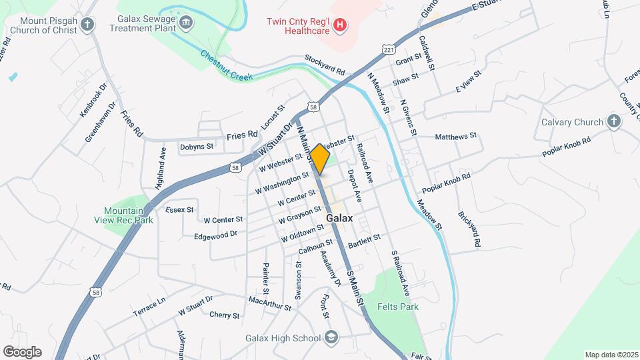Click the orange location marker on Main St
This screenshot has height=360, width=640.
[319, 159]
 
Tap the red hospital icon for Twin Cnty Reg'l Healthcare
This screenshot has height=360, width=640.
[340, 25]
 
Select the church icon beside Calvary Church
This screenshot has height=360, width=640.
[613, 122]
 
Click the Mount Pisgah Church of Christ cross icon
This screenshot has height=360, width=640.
[87, 26]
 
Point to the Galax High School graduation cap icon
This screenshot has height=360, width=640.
[331, 338]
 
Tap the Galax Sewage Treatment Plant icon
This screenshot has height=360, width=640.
[187, 23]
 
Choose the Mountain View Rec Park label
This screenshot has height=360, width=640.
[129, 215]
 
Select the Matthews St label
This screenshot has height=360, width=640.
[455, 137]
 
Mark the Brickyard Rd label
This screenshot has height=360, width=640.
[469, 230]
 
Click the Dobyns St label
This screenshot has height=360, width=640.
[197, 147]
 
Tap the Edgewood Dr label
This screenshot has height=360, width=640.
[215, 235]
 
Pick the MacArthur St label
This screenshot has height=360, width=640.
[269, 303]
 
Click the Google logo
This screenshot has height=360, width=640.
[22, 352]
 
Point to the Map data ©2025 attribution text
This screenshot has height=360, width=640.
[611, 355]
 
